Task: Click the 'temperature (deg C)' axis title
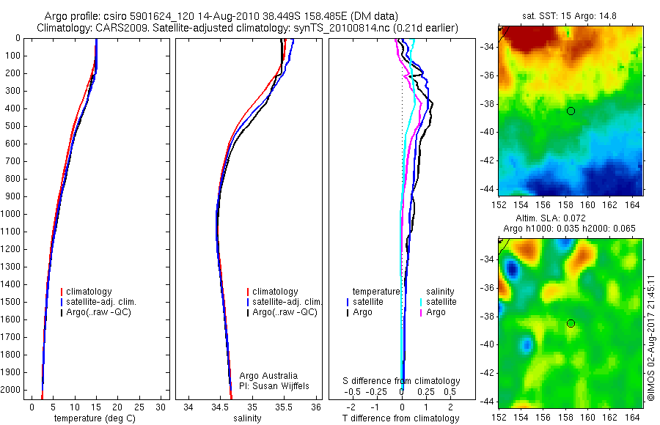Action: pyautogui.click(x=95, y=418)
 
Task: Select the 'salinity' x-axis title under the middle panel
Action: pyautogui.click(x=246, y=418)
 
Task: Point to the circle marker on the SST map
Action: pyautogui.click(x=571, y=111)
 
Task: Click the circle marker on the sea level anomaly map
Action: pyautogui.click(x=571, y=323)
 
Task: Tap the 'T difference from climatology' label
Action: pyautogui.click(x=402, y=418)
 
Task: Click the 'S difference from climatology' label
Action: pyautogui.click(x=402, y=381)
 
